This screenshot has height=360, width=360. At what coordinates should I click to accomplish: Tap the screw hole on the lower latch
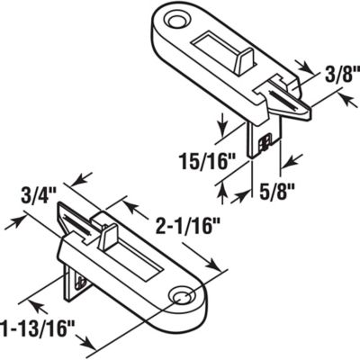(x=185, y=295)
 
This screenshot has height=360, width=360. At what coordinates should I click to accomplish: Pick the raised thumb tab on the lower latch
(x=108, y=238)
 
